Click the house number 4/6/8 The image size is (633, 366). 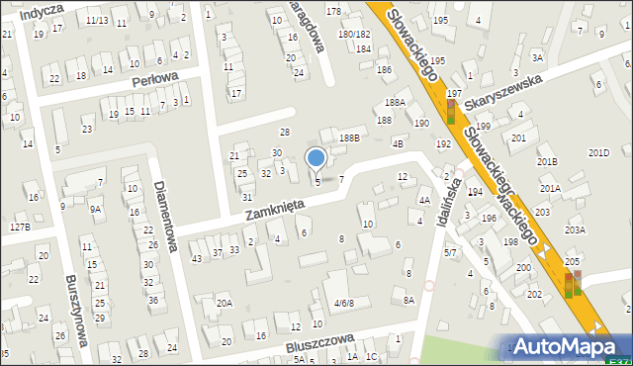(343, 303)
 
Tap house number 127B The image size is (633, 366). (20, 228)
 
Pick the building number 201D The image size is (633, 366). (598, 152)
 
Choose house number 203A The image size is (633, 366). (575, 230)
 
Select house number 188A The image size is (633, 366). (396, 103)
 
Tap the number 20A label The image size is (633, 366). (225, 304)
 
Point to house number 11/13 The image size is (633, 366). (97, 20)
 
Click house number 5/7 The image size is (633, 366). (450, 253)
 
